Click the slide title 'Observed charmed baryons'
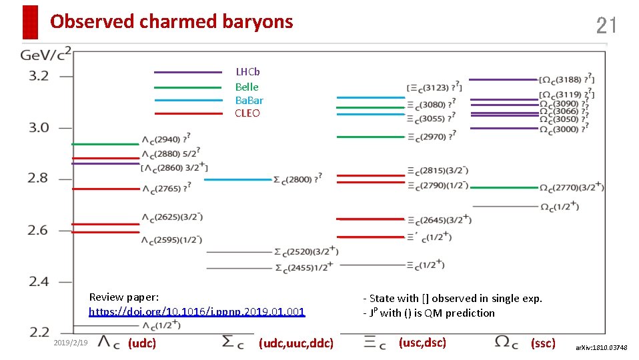(x=171, y=22)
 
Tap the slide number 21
(x=606, y=26)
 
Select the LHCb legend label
(x=247, y=72)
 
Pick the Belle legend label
(x=247, y=87)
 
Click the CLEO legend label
(x=247, y=113)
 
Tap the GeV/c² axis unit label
(x=45, y=53)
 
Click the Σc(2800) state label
(x=297, y=179)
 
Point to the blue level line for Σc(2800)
(x=237, y=179)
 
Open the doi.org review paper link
(x=197, y=311)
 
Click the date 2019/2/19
(x=70, y=342)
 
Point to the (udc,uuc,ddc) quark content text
(x=295, y=343)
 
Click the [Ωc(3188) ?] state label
(x=567, y=79)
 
